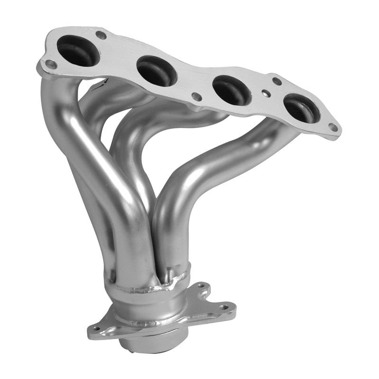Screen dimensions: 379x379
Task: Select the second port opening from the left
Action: point(157,71)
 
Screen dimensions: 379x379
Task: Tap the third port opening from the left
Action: point(232,90)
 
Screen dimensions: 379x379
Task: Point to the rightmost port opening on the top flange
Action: point(301,108)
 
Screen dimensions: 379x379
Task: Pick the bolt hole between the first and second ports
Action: point(100,35)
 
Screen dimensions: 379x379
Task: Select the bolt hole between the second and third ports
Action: point(196,97)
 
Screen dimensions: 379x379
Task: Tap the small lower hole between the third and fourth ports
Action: point(267,94)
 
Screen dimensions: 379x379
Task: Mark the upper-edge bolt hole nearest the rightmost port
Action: point(277,81)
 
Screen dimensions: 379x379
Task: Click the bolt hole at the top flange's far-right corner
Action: point(333,127)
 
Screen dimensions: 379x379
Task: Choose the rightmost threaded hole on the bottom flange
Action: point(224,307)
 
